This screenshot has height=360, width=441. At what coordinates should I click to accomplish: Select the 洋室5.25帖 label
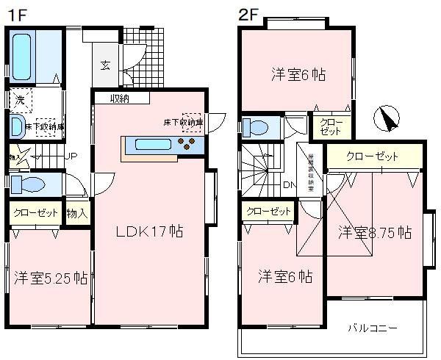pyautogui.click(x=51, y=278)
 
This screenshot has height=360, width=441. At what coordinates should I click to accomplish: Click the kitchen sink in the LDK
pyautogui.click(x=154, y=145)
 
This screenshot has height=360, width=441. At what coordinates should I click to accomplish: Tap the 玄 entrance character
pyautogui.click(x=106, y=64)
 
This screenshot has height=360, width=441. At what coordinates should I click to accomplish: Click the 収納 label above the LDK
pyautogui.click(x=121, y=98)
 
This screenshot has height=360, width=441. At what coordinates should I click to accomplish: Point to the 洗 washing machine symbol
pyautogui.click(x=19, y=99)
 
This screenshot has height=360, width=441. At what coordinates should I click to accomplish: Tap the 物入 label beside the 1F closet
pyautogui.click(x=77, y=214)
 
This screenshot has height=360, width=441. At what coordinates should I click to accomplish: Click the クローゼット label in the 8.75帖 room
pyautogui.click(x=372, y=156)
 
